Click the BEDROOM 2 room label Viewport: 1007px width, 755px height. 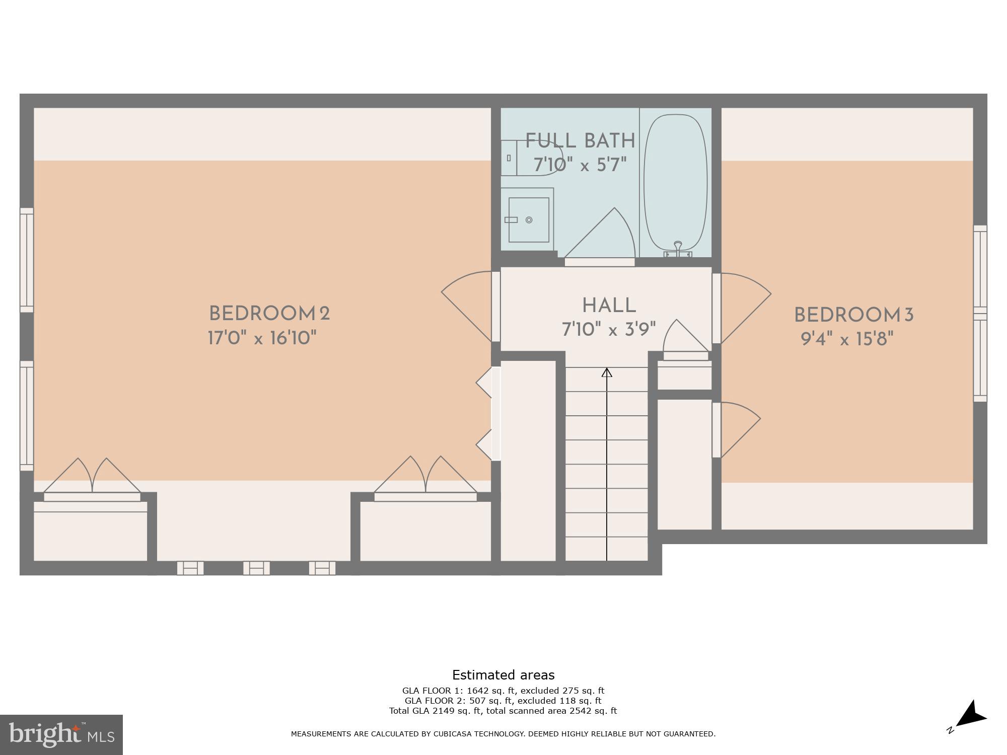click(x=269, y=314)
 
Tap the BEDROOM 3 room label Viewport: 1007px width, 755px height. click(x=853, y=316)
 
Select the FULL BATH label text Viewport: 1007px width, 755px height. click(x=580, y=141)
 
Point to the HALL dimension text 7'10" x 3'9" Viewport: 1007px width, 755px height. click(x=609, y=330)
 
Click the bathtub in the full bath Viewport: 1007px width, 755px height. click(x=675, y=181)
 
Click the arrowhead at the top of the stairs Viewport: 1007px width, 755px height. click(x=607, y=373)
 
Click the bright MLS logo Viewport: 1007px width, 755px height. click(x=61, y=735)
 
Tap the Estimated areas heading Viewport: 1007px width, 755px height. click(x=503, y=675)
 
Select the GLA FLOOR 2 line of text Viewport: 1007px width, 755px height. click(x=503, y=701)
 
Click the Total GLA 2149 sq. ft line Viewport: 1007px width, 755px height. click(x=503, y=711)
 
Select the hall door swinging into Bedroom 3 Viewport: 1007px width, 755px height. click(x=740, y=307)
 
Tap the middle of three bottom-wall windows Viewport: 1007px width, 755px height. click(x=256, y=568)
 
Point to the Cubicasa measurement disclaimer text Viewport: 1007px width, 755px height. click(x=503, y=734)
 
